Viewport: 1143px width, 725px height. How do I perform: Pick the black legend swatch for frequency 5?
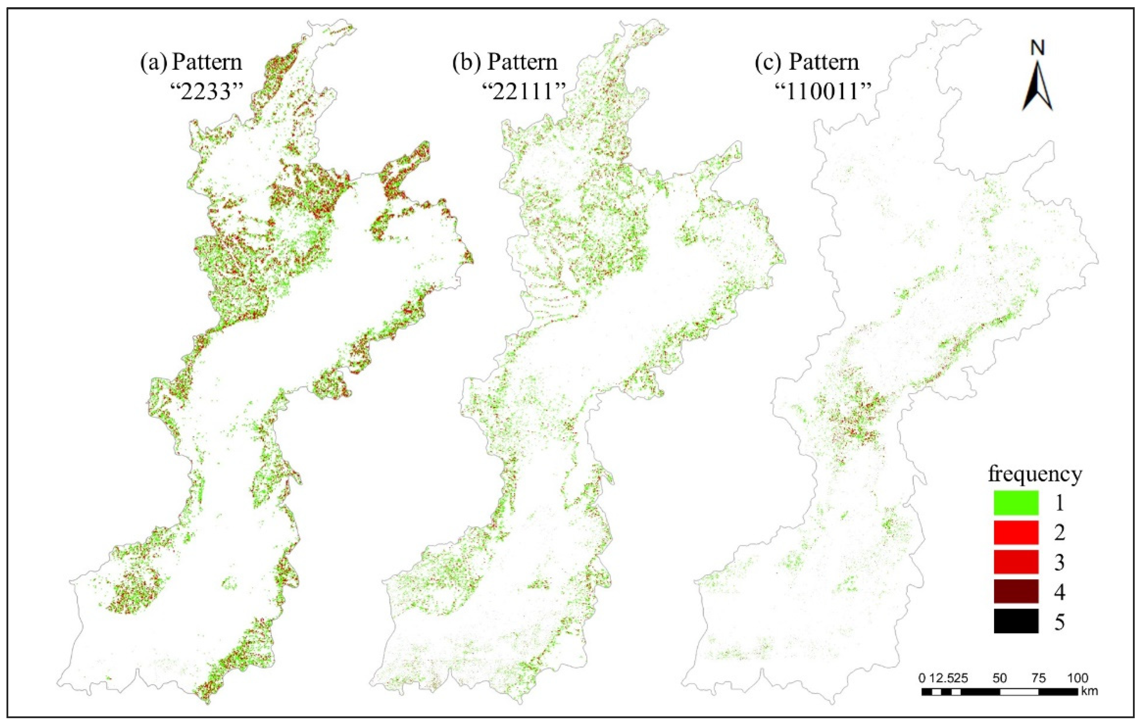coord(1016,622)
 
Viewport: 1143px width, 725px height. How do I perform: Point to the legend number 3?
coord(1059,563)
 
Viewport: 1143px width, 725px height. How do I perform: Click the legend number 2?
coord(1059,533)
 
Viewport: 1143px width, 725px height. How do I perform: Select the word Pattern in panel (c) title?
coord(824,62)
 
